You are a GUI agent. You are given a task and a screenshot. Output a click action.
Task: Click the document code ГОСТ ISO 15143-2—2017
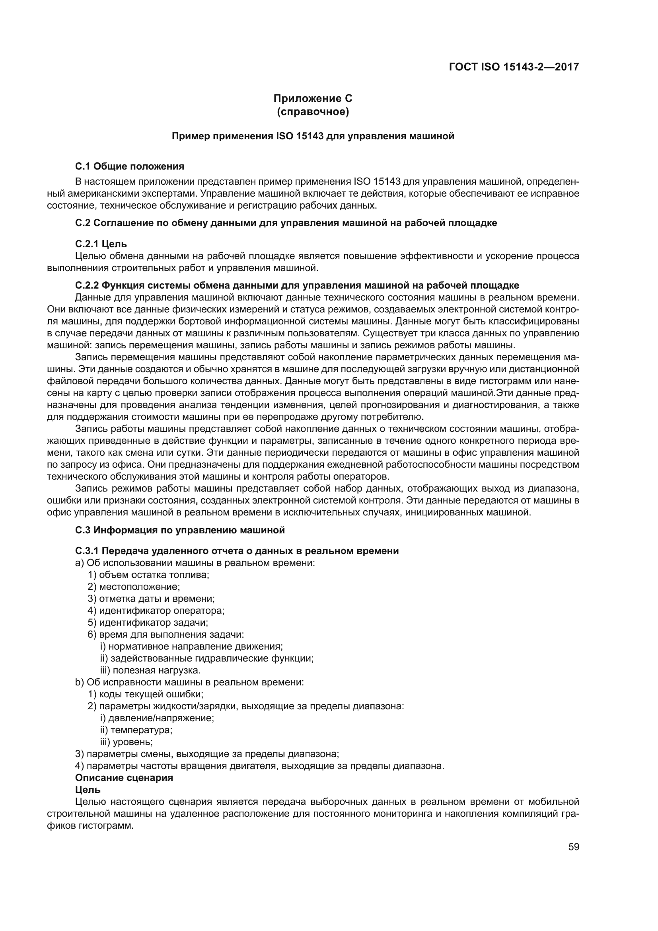[x=514, y=66]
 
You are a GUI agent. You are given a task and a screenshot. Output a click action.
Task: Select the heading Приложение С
[x=313, y=99]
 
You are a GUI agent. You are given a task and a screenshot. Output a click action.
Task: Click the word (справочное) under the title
[x=313, y=111]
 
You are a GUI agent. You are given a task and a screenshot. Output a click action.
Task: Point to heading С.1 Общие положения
[x=130, y=166]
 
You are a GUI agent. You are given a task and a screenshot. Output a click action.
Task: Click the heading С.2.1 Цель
[x=101, y=244]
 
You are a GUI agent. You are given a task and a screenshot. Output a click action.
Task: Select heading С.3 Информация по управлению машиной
[x=180, y=530]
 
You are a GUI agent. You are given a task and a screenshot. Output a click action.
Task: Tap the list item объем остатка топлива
[x=149, y=575]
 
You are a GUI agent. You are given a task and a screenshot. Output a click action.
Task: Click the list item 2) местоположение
[x=134, y=587]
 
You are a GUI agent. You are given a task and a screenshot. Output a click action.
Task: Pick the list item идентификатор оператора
[x=156, y=610]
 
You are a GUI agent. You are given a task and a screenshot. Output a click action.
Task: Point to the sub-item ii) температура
[x=136, y=730]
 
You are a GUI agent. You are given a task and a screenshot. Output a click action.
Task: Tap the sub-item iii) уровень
[x=127, y=742]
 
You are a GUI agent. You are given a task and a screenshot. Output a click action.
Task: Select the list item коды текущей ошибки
[x=146, y=694]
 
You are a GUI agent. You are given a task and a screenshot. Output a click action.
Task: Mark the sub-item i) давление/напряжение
[x=157, y=718]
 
